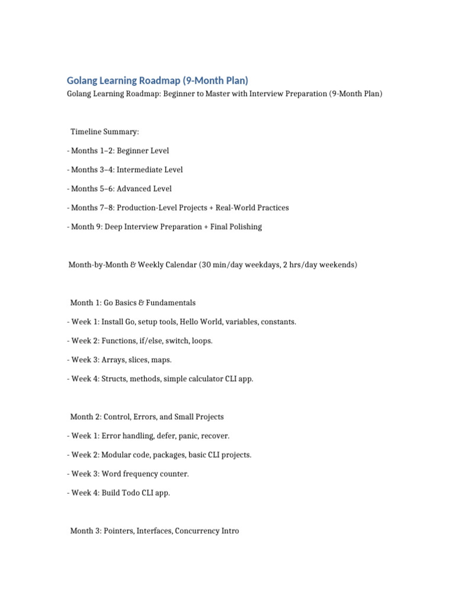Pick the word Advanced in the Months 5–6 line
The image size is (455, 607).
[134, 189]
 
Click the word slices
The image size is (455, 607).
[136, 359]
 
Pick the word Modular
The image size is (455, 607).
[117, 455]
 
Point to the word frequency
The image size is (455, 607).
[144, 474]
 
